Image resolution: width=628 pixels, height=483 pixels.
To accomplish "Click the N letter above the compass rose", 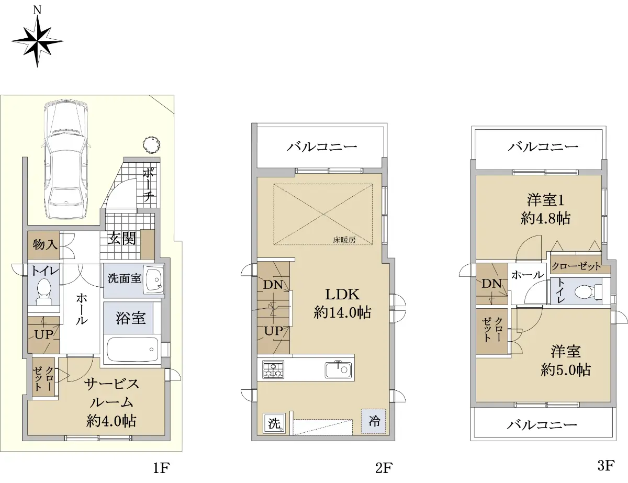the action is pyautogui.click(x=37, y=10).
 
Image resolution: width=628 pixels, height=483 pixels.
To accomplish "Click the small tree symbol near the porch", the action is pyautogui.click(x=151, y=145).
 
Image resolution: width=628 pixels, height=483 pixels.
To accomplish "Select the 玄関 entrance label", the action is pyautogui.click(x=121, y=239).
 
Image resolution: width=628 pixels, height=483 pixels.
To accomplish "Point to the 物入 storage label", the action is pyautogui.click(x=45, y=245).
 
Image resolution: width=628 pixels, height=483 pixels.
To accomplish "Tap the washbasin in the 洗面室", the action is pyautogui.click(x=154, y=280).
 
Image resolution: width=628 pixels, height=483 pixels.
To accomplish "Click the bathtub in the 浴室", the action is pyautogui.click(x=132, y=349).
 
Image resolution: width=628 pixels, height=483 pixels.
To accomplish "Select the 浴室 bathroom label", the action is pyautogui.click(x=131, y=318).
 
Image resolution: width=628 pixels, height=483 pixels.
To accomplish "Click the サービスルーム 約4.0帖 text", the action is pyautogui.click(x=111, y=403).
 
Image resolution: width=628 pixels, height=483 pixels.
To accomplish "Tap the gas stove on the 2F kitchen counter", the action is pyautogui.click(x=273, y=369).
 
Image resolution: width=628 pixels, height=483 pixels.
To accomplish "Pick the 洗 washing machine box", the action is pyautogui.click(x=274, y=423).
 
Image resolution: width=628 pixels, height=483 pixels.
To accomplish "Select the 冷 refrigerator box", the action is pyautogui.click(x=373, y=421).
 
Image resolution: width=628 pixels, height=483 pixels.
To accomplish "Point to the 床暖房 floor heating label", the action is pyautogui.click(x=344, y=240).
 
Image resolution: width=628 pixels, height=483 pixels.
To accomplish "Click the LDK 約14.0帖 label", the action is pyautogui.click(x=342, y=304).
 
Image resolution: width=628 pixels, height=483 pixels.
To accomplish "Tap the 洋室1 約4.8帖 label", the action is pyautogui.click(x=545, y=209).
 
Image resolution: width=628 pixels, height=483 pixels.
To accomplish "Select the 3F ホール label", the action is pyautogui.click(x=528, y=275).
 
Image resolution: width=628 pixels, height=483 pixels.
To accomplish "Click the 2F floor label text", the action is pyautogui.click(x=384, y=468).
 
